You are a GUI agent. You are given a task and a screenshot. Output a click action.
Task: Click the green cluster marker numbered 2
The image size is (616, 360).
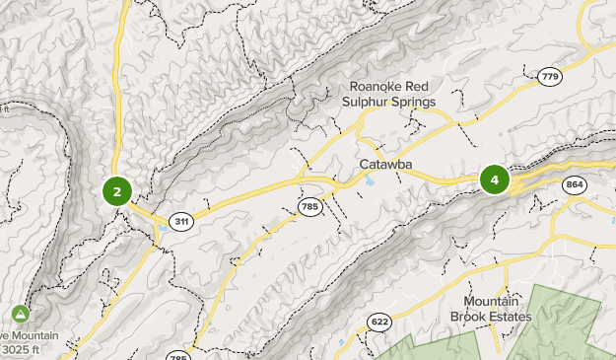pyautogui.click(x=117, y=191)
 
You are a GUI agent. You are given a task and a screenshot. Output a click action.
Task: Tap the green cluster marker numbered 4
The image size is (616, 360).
pyautogui.click(x=494, y=180)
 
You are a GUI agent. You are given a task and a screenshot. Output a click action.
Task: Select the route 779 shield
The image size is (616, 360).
pyautogui.click(x=550, y=75)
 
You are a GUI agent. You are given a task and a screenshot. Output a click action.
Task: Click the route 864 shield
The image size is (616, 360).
pyautogui.click(x=575, y=185)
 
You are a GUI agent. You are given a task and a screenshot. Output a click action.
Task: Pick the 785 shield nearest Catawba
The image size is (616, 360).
pyautogui.click(x=310, y=205)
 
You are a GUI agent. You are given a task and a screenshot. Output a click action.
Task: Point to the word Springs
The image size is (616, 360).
pyautogui.click(x=415, y=101)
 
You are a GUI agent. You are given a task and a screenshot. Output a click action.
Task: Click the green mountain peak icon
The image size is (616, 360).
pyautogui.click(x=20, y=314)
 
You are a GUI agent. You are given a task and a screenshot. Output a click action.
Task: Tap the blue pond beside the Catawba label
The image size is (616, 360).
pyautogui.click(x=370, y=181)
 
